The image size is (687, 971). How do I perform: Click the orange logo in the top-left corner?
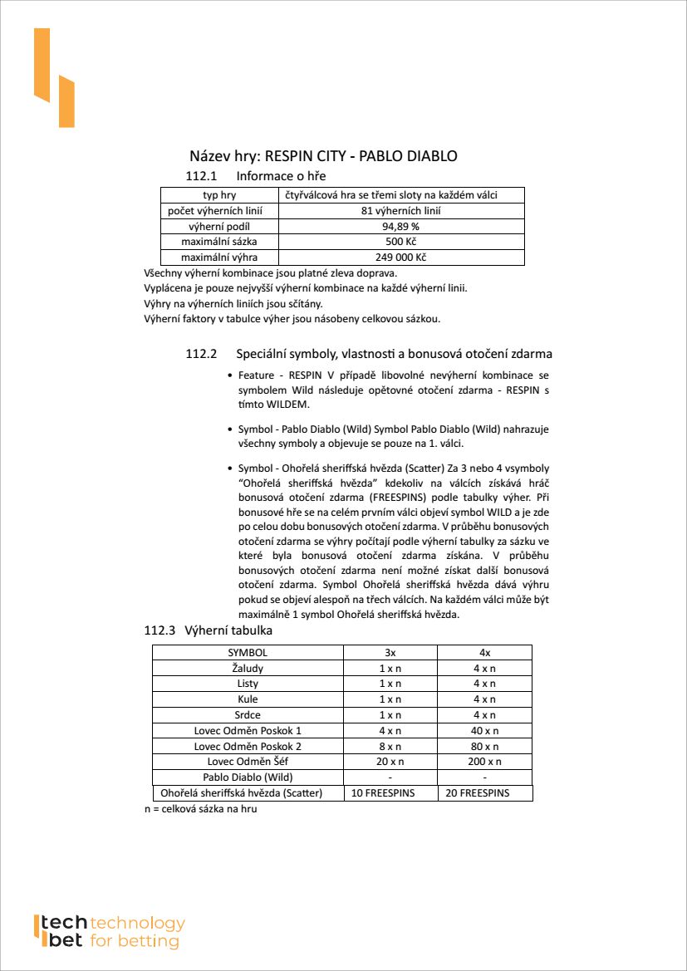coord(54,78)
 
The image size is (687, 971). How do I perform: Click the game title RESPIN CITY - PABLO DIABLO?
coord(323,156)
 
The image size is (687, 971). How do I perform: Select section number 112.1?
coord(201,176)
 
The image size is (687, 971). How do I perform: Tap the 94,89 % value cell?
coord(400,226)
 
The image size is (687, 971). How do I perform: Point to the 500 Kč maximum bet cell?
coord(400,242)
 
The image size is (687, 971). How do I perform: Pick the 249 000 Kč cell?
coord(400,257)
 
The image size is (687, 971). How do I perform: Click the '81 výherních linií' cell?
coord(400,211)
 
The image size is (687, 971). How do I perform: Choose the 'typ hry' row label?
coord(219,195)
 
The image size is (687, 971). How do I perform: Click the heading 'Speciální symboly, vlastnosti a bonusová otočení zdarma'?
coord(394,354)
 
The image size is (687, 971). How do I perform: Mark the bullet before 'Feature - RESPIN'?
coord(229,375)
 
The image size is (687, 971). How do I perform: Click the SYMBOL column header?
coord(248,653)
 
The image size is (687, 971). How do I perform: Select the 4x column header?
coord(484,653)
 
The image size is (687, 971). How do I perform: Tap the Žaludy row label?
coord(248,668)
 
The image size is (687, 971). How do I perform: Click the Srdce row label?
coord(248,715)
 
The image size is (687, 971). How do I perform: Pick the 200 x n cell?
coord(484,762)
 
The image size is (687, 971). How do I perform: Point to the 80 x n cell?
coord(484,746)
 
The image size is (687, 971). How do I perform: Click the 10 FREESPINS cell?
coord(390,793)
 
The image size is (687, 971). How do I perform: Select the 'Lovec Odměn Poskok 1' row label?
coord(248,731)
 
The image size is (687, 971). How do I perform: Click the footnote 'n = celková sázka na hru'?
coord(201,809)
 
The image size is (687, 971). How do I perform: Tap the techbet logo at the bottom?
coord(108,931)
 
